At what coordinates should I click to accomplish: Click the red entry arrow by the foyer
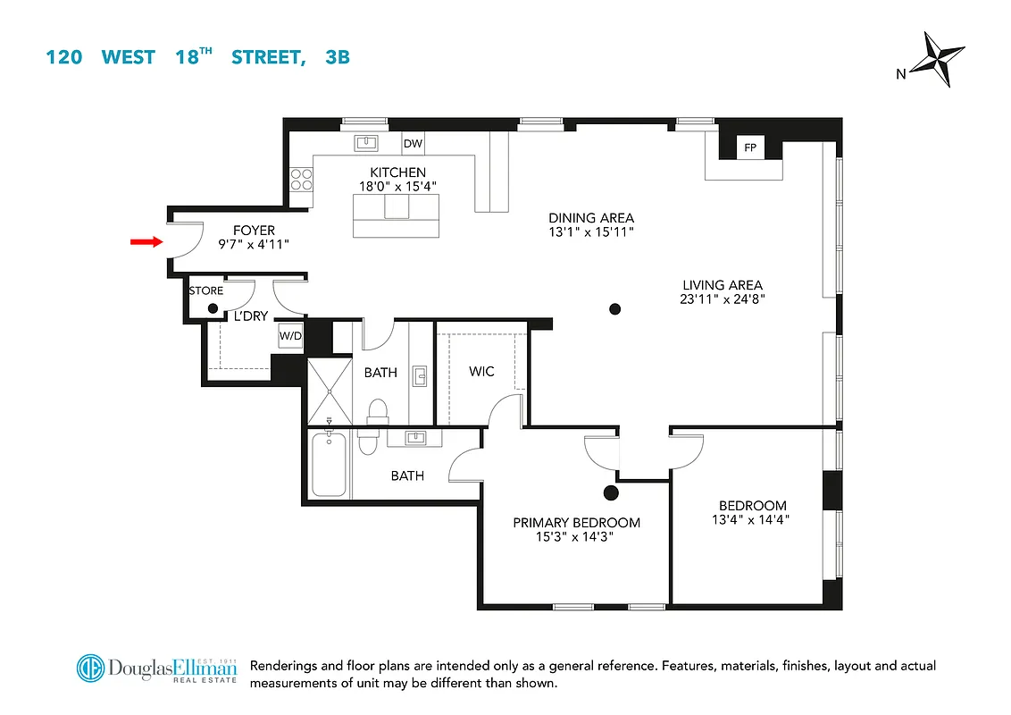tap(144, 241)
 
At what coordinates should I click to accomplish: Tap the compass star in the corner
tap(942, 60)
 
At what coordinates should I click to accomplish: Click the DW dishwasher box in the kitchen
tap(412, 143)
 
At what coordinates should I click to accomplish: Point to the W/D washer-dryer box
tap(290, 336)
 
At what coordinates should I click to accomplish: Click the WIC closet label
tap(481, 371)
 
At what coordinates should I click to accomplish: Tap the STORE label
tap(205, 291)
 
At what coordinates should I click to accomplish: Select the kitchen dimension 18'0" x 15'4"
tap(397, 187)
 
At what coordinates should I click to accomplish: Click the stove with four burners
tap(301, 180)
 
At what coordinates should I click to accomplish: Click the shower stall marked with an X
tap(330, 391)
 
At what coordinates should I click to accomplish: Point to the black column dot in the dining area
tap(614, 309)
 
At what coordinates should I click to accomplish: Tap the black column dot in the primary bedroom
tap(611, 492)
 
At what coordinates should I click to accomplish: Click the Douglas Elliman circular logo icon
tap(90, 669)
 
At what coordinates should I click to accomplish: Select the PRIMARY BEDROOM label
tap(576, 523)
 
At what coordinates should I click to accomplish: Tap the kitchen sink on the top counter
tap(364, 142)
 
